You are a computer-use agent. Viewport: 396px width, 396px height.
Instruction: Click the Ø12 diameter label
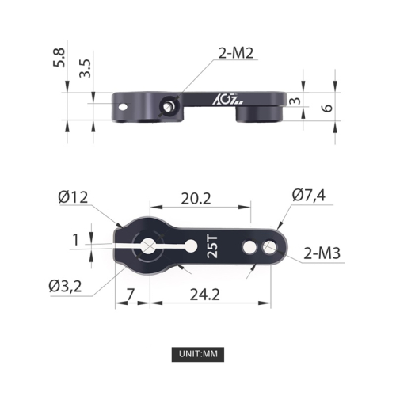click(73, 196)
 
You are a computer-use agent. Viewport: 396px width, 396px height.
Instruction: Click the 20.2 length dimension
click(195, 200)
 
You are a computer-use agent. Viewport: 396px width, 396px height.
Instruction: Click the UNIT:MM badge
click(198, 353)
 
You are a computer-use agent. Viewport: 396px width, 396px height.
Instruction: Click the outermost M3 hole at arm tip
click(270, 248)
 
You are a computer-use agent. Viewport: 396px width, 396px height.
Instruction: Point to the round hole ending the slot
click(188, 247)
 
